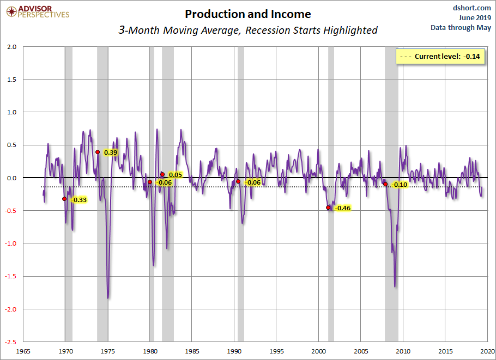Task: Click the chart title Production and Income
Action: coord(247,14)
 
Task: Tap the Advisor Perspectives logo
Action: coord(37,11)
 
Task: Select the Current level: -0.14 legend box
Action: coord(441,56)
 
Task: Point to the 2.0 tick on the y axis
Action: coord(11,47)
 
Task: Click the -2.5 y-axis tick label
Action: coord(10,342)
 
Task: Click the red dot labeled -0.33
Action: coord(64,199)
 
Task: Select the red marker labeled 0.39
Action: coord(98,152)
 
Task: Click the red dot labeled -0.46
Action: coord(328,208)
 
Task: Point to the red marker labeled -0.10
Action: coord(385,184)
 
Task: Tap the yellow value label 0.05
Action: coord(175,175)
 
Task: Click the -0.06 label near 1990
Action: coord(254,182)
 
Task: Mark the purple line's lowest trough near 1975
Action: coord(108,297)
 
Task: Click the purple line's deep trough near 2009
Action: coord(395,286)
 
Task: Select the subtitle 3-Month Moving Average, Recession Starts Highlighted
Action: coord(248,30)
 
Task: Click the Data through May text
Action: coord(461,27)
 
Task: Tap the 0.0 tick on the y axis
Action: coord(11,178)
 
